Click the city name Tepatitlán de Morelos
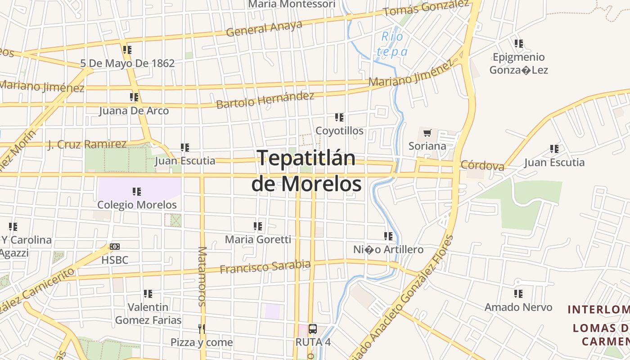[306, 171]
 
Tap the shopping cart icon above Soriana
[427, 133]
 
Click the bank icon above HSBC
[115, 247]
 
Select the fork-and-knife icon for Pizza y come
[202, 328]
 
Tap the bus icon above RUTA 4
[313, 328]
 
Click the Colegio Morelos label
[137, 205]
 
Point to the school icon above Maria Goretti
[258, 226]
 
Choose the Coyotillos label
[339, 131]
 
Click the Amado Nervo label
[518, 307]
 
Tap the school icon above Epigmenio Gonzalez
[519, 44]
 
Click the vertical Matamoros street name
[202, 276]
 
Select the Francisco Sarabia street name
[265, 267]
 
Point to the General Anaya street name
[264, 28]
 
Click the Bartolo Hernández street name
[265, 100]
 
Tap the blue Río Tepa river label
[392, 44]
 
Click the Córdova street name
[482, 165]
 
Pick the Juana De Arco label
[134, 111]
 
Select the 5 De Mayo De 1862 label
[127, 63]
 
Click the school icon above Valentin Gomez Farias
[148, 294]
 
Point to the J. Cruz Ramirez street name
[87, 144]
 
